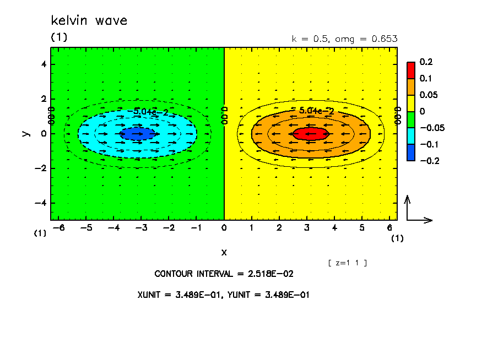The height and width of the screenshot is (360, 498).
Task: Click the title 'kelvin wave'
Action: (x=89, y=21)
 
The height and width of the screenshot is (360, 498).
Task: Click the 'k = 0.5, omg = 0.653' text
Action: (x=344, y=39)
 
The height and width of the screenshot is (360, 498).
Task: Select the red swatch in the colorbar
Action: (x=410, y=70)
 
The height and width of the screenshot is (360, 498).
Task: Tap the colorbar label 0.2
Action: (x=426, y=62)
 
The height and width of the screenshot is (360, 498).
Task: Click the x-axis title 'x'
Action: (x=224, y=252)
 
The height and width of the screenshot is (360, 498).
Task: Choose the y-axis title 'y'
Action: (x=25, y=133)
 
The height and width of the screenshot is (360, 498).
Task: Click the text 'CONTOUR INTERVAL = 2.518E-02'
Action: (x=224, y=274)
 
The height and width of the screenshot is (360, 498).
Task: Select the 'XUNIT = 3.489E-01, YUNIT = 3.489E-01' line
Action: (x=224, y=294)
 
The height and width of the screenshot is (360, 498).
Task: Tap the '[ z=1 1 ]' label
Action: (x=347, y=263)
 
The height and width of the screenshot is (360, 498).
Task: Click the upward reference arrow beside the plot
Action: (x=408, y=207)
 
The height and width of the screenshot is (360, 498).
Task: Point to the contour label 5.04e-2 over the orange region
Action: (x=316, y=111)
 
